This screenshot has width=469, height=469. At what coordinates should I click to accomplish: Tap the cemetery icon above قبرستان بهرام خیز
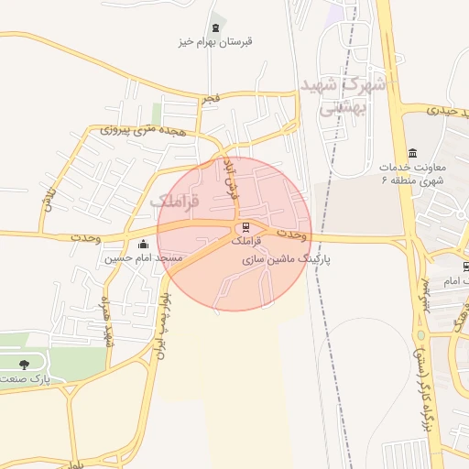216,27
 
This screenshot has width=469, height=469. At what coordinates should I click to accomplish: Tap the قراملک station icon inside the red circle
245,227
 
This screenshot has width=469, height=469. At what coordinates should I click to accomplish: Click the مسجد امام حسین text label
144,258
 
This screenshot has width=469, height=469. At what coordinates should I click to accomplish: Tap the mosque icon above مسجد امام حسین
143,245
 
